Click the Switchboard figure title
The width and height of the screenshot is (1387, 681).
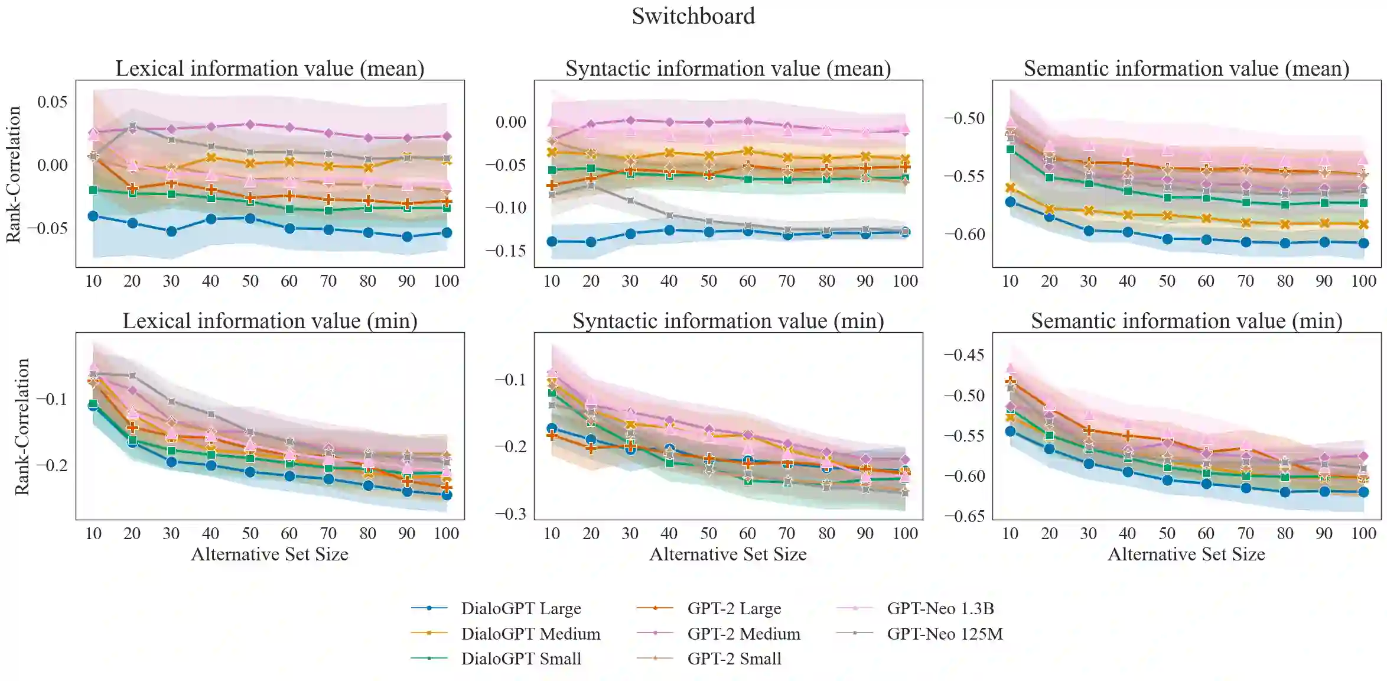[x=693, y=16]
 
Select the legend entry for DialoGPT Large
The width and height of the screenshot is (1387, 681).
[x=520, y=608]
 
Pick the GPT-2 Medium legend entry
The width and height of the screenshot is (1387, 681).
[x=743, y=634]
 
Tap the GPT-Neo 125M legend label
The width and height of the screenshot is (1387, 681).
[x=945, y=634]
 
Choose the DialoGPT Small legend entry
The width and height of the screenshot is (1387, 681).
[x=520, y=659]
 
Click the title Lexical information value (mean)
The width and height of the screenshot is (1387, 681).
[x=270, y=69]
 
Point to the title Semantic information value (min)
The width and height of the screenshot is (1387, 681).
[x=1186, y=321]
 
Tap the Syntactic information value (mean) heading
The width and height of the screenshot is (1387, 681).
[x=728, y=69]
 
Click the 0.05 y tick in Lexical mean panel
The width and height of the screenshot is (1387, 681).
[x=53, y=102]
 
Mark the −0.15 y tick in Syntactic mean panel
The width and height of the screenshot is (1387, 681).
[x=506, y=251]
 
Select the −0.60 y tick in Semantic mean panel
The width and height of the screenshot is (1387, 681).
[x=964, y=234]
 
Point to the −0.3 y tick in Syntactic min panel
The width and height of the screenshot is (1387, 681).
[x=510, y=514]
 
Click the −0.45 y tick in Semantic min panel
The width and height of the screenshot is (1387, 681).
[x=964, y=355]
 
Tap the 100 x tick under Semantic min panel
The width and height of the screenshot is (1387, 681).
[x=1363, y=534]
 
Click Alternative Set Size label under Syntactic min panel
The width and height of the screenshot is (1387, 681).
[x=728, y=554]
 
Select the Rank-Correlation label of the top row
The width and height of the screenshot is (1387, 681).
[x=14, y=174]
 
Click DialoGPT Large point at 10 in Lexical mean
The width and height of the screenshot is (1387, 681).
[x=93, y=216]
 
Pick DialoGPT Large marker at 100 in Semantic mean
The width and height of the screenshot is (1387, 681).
[x=1363, y=243]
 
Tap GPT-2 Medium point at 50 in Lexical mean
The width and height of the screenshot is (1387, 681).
[x=250, y=125]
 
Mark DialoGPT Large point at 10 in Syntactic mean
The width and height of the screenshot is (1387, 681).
[x=552, y=241]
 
